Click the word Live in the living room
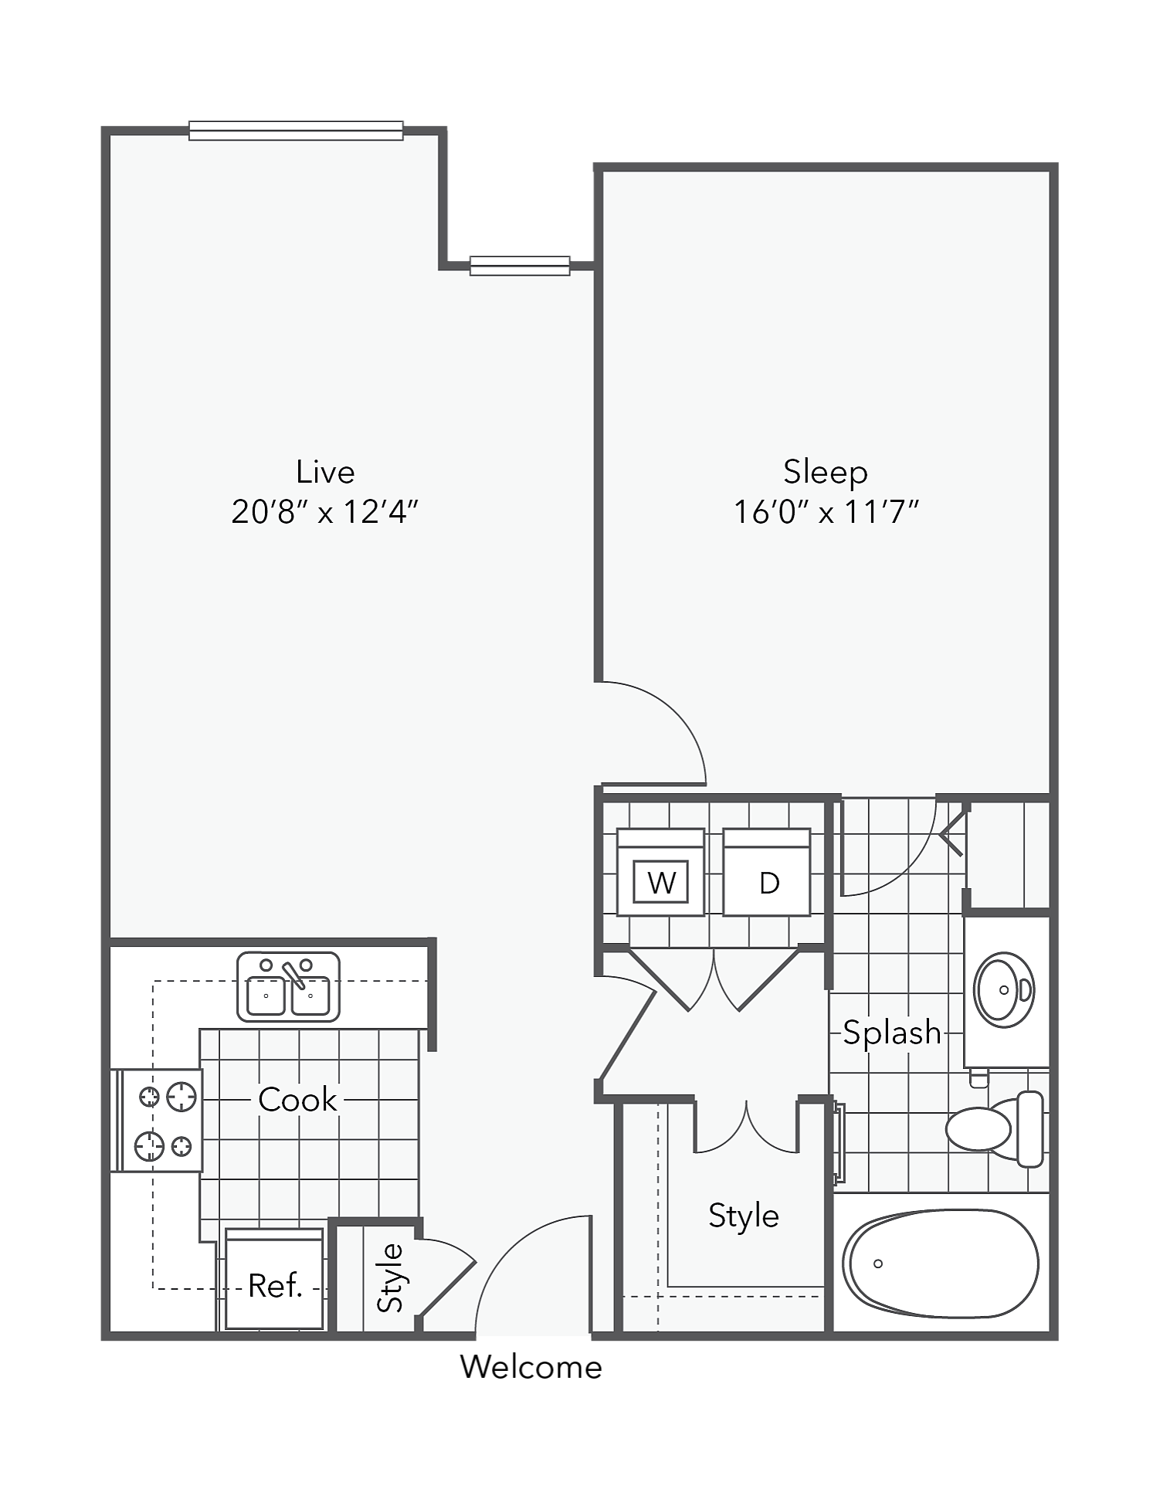click(325, 471)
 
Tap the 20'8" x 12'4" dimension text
click(324, 512)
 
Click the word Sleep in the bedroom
click(825, 471)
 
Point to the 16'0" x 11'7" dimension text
click(826, 512)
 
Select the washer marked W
click(660, 873)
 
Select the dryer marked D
click(767, 873)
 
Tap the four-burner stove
click(161, 1121)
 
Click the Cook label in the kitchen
click(297, 1100)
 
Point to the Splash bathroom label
click(891, 1033)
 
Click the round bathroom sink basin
click(1003, 990)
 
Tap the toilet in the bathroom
click(992, 1128)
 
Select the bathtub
click(940, 1264)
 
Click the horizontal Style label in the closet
click(743, 1216)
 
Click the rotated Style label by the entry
click(391, 1277)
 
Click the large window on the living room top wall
click(296, 131)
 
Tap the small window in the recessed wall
click(520, 266)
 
